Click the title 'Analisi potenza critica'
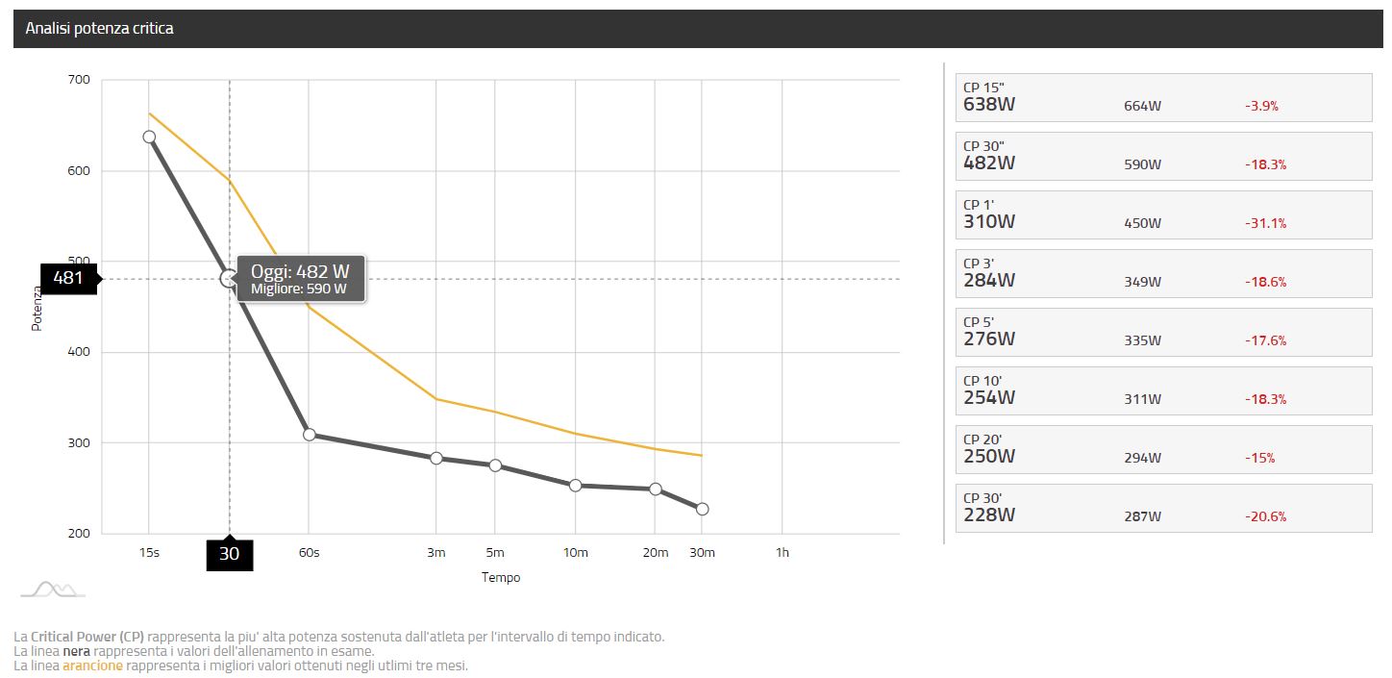click(x=99, y=29)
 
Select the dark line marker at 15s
click(x=149, y=137)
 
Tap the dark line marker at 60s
click(x=309, y=435)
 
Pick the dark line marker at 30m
click(x=702, y=509)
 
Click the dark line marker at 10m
click(x=576, y=486)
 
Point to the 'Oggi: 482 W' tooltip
click(x=302, y=279)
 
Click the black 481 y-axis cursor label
click(x=68, y=278)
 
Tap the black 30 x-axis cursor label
click(x=230, y=554)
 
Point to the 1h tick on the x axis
click(x=782, y=552)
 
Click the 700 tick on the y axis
click(x=79, y=80)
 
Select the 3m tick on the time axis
click(x=435, y=552)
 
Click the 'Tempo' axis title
click(x=501, y=577)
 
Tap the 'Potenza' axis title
click(x=37, y=309)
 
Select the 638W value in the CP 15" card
click(x=989, y=105)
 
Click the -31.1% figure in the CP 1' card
click(x=1265, y=223)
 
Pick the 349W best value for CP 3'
click(x=1142, y=282)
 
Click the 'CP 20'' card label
click(x=982, y=439)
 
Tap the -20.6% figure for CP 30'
click(x=1265, y=516)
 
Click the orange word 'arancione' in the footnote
click(x=92, y=665)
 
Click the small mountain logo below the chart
click(x=54, y=590)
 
